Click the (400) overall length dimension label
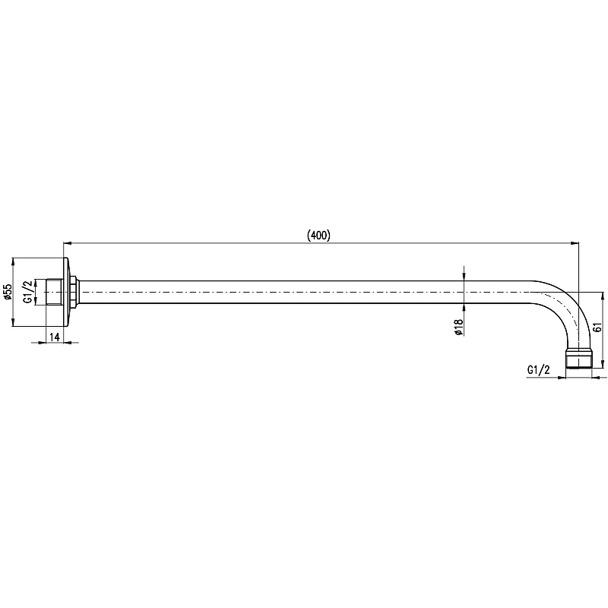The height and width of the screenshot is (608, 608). (318, 236)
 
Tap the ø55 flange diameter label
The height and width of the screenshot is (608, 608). (8, 292)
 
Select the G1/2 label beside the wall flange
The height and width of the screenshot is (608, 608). (29, 292)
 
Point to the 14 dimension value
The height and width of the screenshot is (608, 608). (55, 337)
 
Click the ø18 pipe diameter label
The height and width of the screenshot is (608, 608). (459, 327)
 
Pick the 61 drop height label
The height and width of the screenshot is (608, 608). (597, 327)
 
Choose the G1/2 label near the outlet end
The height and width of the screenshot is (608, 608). (539, 370)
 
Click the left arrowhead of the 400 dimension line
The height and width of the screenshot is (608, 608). (68, 243)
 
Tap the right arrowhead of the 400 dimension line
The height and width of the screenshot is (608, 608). (574, 243)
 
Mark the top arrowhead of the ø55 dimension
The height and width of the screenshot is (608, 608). (13, 262)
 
